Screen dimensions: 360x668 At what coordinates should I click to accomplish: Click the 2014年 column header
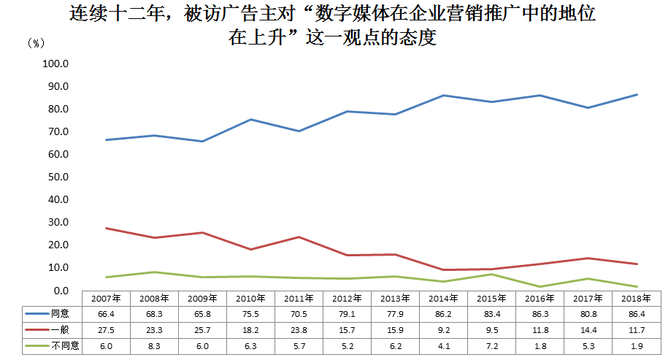[444, 299]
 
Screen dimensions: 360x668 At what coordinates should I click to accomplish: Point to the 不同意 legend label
[64, 346]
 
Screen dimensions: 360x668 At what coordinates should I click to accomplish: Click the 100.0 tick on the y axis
[55, 64]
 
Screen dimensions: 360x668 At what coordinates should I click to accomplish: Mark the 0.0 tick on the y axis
[60, 291]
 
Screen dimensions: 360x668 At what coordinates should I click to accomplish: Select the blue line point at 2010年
[251, 119]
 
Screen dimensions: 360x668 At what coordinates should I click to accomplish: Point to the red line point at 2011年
[299, 237]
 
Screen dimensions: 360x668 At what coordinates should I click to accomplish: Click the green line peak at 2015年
[492, 274]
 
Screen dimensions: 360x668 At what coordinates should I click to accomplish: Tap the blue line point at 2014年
[444, 95]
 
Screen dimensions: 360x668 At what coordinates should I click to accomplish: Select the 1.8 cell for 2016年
[540, 346]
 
